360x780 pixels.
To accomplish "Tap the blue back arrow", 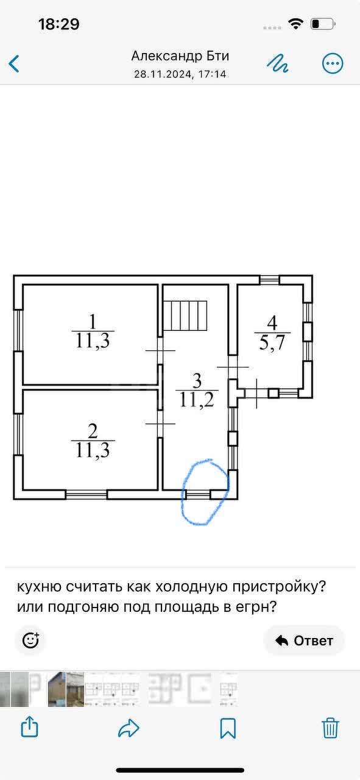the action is tap(14, 63).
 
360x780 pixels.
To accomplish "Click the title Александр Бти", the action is tap(180, 55).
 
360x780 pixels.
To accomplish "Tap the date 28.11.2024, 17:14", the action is tap(180, 74).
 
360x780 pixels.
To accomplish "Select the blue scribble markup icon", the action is tap(278, 63).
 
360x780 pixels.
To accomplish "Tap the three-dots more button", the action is tap(333, 63).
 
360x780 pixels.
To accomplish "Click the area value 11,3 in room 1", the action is tap(93, 341).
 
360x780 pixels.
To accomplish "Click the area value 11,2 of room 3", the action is tap(197, 400).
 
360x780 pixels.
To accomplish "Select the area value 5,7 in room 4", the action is tap(272, 343).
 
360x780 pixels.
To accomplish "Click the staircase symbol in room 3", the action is tap(185, 316).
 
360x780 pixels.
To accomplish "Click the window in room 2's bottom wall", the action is tap(86, 494).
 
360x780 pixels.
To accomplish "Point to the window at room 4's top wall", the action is tap(270, 280).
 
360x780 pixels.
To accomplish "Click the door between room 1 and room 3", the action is tap(160, 350).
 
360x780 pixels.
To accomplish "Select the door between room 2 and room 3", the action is tap(160, 424).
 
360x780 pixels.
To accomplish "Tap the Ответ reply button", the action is tap(304, 640).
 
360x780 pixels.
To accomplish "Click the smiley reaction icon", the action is tap(30, 640).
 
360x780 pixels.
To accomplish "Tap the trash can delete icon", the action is tap(330, 728).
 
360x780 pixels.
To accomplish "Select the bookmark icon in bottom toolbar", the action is tap(228, 728).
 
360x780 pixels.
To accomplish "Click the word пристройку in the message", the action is tap(279, 587).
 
